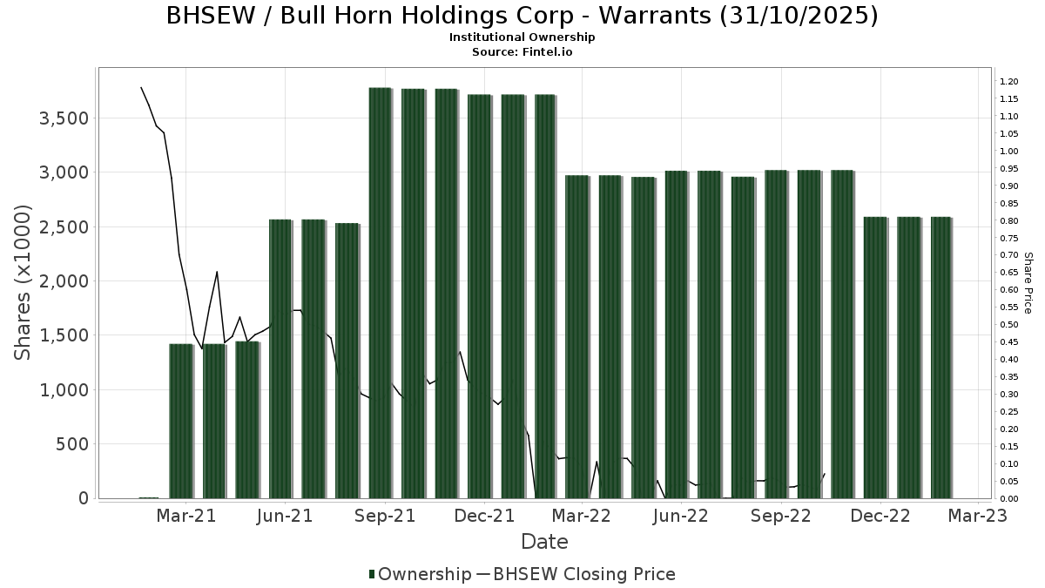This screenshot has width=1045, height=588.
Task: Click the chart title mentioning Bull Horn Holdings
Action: pos(522,17)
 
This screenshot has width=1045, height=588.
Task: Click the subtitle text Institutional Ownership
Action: pos(522,37)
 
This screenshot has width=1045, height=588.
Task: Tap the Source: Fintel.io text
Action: pos(522,52)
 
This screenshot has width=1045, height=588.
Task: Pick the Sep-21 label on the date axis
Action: pos(385,516)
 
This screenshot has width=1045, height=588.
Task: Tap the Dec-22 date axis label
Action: pos(880,516)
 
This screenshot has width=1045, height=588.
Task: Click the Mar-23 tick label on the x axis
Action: pos(978,516)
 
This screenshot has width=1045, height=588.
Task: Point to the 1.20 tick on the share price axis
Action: pos(1009,82)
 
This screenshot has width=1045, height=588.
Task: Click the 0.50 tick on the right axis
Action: pos(1009,325)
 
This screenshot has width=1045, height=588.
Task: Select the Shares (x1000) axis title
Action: pos(24,282)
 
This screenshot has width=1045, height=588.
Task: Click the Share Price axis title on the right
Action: pos(1028,282)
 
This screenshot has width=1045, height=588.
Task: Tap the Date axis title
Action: pos(544,542)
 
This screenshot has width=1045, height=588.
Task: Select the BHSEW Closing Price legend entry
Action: pos(583,574)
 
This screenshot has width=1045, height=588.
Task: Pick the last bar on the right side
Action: pos(941,357)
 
